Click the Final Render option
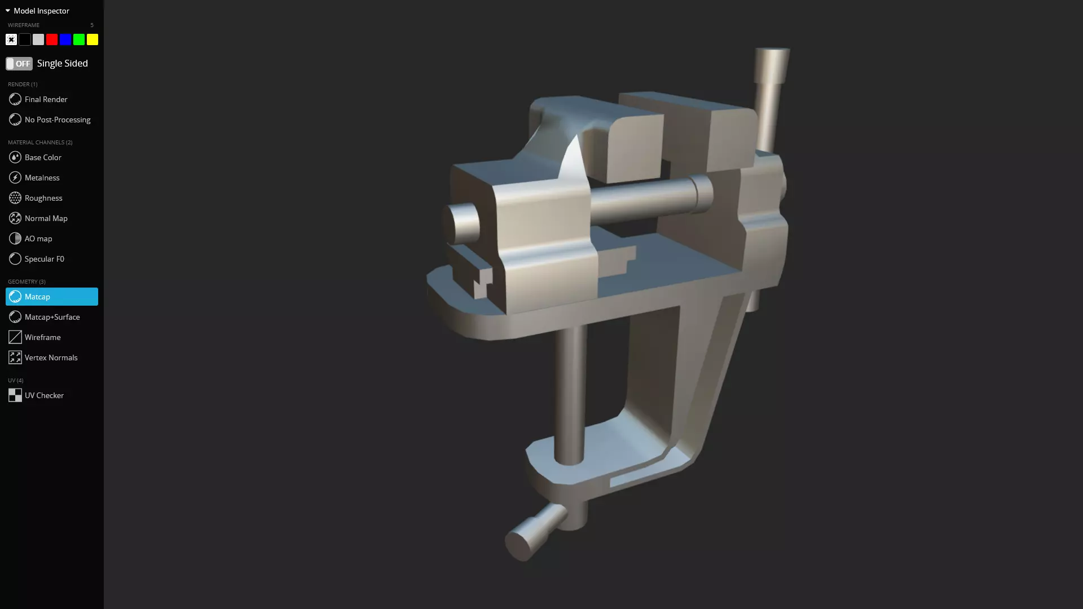tap(46, 99)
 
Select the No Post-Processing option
tap(57, 120)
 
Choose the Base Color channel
tap(43, 157)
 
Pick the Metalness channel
tap(42, 178)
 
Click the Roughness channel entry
tap(43, 198)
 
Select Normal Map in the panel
tap(46, 218)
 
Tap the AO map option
tap(38, 239)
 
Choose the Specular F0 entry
tap(44, 259)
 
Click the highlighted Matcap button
tap(51, 297)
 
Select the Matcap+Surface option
tap(52, 317)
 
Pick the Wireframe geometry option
tap(42, 337)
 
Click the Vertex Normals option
tap(51, 358)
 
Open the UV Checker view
tap(44, 395)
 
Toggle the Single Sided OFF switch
tap(19, 64)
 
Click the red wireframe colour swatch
tap(52, 39)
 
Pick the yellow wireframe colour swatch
tap(93, 39)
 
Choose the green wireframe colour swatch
tap(79, 39)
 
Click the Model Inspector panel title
tap(41, 11)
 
